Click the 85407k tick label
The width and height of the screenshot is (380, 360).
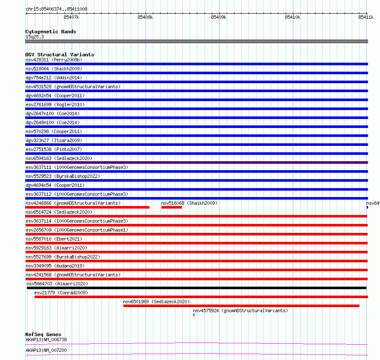(71, 17)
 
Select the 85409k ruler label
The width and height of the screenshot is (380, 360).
(219, 17)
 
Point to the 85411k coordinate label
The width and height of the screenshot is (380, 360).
(366, 17)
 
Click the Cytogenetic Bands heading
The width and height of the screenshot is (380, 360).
(51, 32)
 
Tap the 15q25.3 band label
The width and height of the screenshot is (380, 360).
(35, 37)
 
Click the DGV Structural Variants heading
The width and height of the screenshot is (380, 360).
(60, 55)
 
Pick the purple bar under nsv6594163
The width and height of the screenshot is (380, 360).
(196, 163)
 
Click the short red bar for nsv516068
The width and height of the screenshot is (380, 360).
(172, 207)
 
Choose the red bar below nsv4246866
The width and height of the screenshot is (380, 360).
(88, 207)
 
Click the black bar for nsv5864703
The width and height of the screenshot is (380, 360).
(196, 288)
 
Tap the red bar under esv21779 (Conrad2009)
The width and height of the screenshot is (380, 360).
(201, 297)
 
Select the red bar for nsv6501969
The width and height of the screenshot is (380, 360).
(241, 306)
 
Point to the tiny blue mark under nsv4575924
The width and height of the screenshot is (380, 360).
(194, 315)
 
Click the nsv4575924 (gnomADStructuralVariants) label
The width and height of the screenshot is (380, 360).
(240, 311)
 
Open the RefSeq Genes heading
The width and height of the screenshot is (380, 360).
(43, 334)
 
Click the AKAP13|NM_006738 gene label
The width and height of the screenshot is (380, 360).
(46, 340)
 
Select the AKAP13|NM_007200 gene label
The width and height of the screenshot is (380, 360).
(46, 350)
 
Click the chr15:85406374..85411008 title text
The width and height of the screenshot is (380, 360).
(56, 9)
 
